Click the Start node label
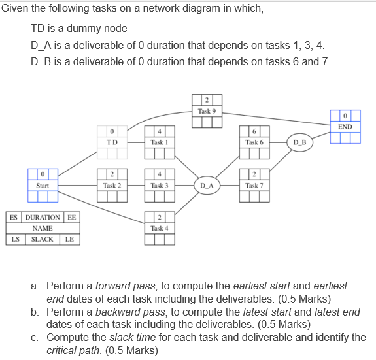[x=43, y=186]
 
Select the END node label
[x=345, y=126]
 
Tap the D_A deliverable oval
[x=207, y=186]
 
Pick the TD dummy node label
[x=112, y=142]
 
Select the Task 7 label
[x=253, y=186]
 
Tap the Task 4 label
[x=159, y=228]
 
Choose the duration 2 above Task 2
[x=112, y=174]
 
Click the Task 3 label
[x=159, y=186]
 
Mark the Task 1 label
[x=159, y=142]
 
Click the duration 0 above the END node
[x=345, y=116]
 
